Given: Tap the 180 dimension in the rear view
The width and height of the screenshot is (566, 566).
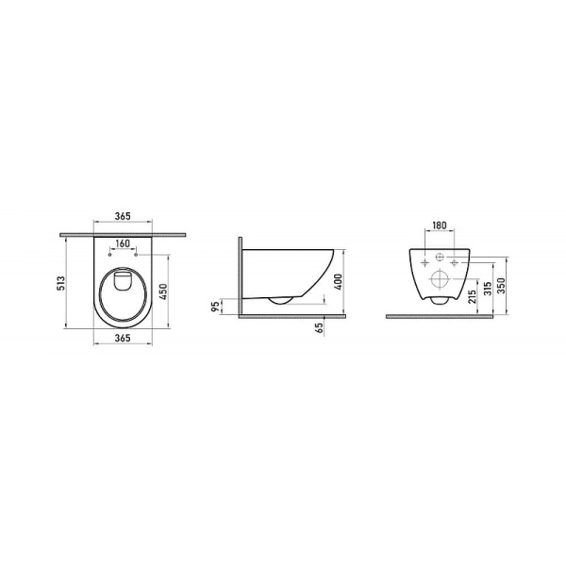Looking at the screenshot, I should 439,226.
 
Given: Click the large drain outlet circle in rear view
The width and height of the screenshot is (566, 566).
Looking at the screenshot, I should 441,280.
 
